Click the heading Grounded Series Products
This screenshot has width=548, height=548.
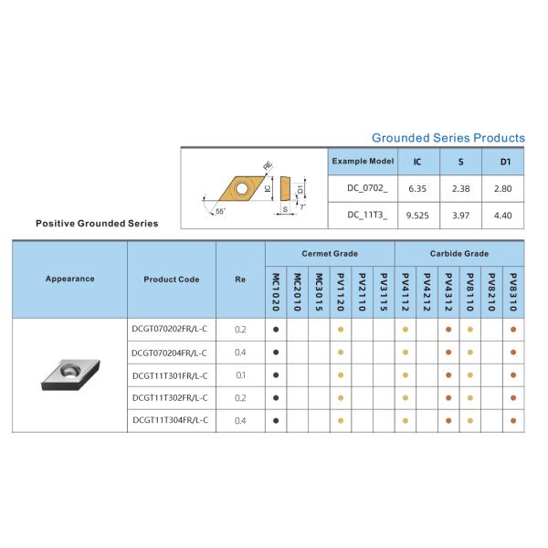(448, 138)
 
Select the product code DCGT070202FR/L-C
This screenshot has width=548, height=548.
(169, 329)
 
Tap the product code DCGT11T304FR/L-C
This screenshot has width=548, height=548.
(169, 420)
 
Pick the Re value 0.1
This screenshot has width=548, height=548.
(241, 374)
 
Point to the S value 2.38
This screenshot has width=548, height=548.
(461, 188)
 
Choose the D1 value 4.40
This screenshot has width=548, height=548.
(503, 216)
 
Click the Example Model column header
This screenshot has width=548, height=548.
(363, 161)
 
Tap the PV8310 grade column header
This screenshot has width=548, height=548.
(514, 291)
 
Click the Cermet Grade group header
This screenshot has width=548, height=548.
(330, 253)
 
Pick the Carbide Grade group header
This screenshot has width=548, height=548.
(458, 253)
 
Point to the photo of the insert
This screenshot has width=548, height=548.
(68, 374)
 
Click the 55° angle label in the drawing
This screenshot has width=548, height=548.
(219, 212)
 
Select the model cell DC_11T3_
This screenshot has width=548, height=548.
(362, 216)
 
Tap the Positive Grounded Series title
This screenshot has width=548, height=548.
(97, 223)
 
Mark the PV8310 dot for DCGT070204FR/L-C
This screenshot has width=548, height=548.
(514, 352)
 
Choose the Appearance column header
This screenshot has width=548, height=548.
(69, 279)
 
